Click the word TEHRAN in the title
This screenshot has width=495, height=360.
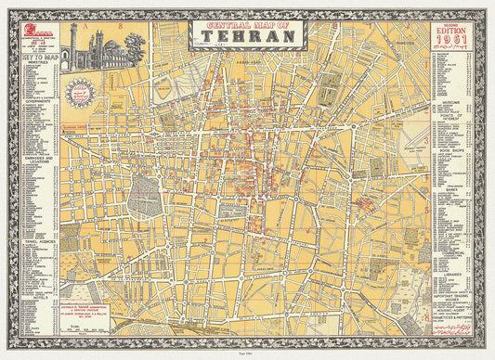(246, 38)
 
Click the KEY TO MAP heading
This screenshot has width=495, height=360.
(38, 57)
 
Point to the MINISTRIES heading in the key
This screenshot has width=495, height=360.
(38, 63)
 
